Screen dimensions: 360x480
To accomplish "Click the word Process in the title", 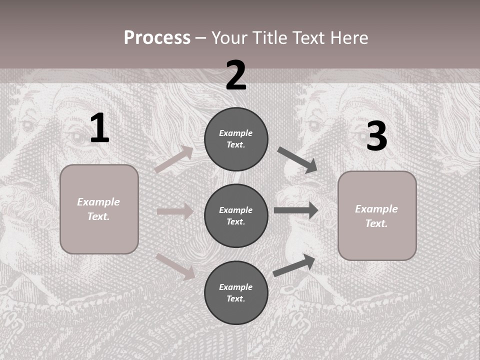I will click(x=157, y=38).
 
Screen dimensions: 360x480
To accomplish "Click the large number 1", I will click(x=99, y=128).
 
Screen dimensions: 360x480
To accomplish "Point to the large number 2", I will click(x=236, y=75).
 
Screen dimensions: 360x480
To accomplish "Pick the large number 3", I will click(x=376, y=136).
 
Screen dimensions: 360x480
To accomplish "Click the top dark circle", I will click(x=236, y=139).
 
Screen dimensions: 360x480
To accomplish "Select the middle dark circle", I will click(x=236, y=215).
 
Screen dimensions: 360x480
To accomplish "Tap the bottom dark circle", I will click(x=236, y=292).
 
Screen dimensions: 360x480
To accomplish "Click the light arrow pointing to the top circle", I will click(x=173, y=159).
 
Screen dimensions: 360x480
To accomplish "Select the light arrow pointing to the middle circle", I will click(x=175, y=211).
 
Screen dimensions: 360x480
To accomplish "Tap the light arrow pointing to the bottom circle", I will click(x=175, y=266).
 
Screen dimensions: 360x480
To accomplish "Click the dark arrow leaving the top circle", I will click(x=297, y=159).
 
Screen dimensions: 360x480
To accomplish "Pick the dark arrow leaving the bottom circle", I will click(x=294, y=265).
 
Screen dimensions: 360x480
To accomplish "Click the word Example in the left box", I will click(x=98, y=202).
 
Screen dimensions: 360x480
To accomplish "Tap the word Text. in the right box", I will click(x=376, y=223).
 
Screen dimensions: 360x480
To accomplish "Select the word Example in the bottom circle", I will click(x=236, y=287).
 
